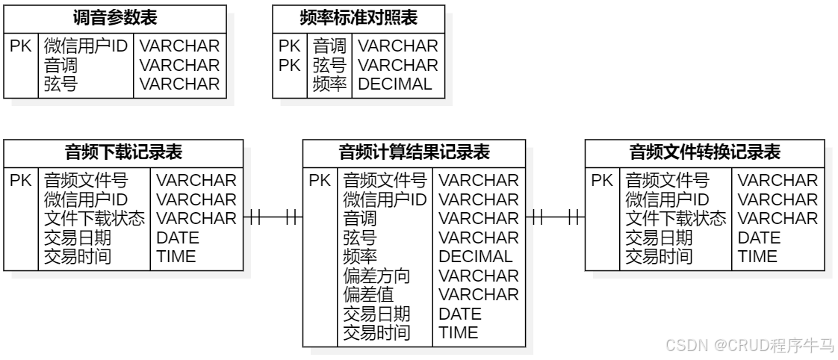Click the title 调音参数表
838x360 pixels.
pos(115,17)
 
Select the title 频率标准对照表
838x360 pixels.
pos(358,17)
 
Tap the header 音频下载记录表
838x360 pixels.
pos(124,153)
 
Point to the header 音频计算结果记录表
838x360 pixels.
pos(414,153)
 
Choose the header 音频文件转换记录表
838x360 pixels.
pos(705,153)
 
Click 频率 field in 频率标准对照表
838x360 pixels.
pos(329,84)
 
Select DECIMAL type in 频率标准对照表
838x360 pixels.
pos(395,84)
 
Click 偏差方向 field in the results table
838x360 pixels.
pos(376,276)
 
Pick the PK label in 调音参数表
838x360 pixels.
pos(20,46)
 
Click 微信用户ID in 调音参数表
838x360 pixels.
pos(86,46)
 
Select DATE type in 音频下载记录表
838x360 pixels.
pos(178,238)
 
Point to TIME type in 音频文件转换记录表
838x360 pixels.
pos(757,257)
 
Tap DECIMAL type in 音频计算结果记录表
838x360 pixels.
pos(476,257)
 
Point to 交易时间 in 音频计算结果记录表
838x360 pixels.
pos(376,333)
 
